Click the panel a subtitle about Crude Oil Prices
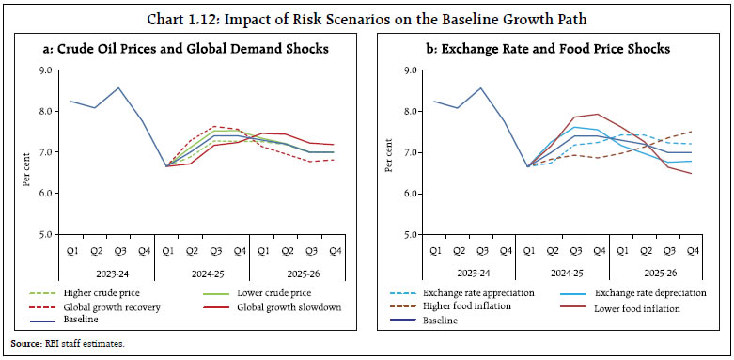[184, 48]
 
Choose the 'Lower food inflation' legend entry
[631, 307]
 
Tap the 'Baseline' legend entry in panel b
[435, 321]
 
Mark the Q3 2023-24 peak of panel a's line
[118, 88]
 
